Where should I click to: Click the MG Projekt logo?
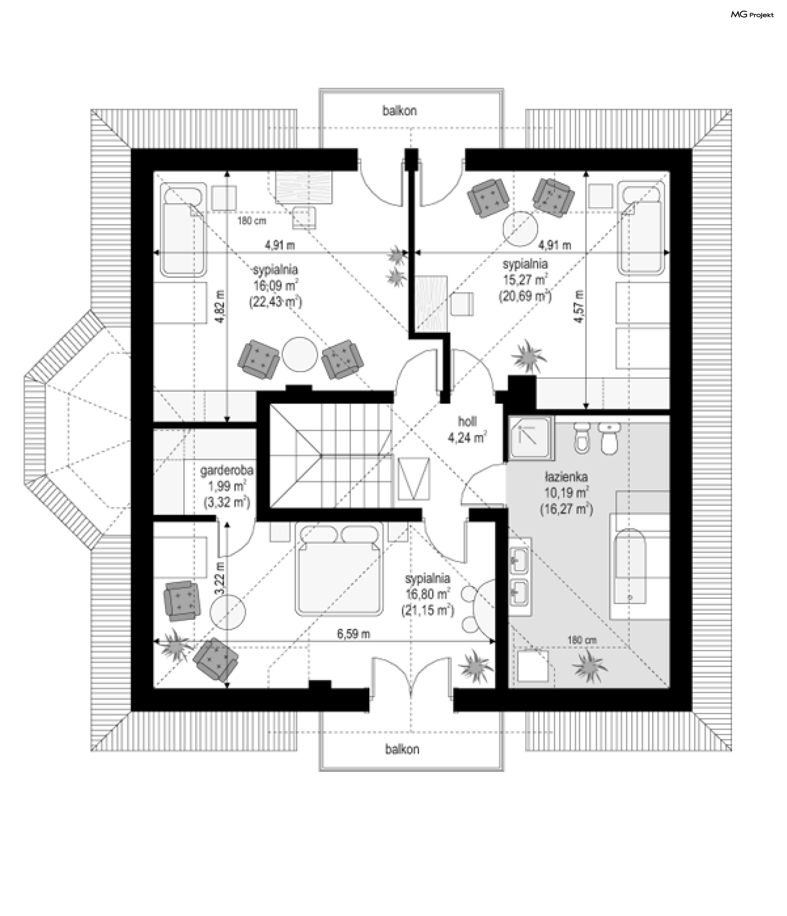pos(752,15)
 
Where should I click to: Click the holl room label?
pos(467,421)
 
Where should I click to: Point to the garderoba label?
pos(227,471)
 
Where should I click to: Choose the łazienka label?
pos(566,477)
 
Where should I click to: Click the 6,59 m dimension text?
pos(353,634)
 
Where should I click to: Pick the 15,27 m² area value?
pos(525,280)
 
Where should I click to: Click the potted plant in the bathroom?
pos(589,666)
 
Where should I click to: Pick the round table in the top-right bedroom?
pos(520,228)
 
